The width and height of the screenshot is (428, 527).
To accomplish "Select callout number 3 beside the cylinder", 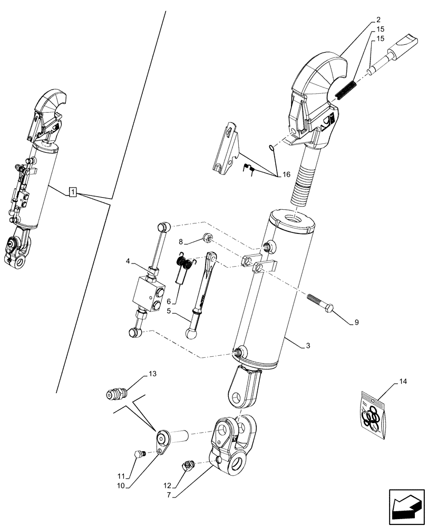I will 307,346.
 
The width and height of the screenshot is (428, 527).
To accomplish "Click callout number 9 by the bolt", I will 356,322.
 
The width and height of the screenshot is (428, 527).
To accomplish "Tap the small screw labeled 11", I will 140,454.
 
